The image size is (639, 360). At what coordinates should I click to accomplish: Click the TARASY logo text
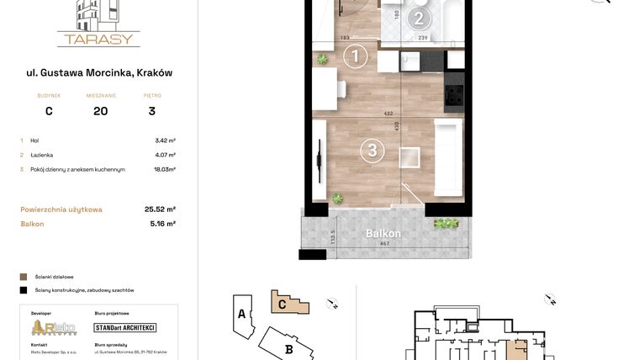click(x=98, y=39)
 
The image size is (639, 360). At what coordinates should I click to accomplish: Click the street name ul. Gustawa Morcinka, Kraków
click(x=99, y=73)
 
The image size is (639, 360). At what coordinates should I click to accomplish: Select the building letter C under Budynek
click(x=49, y=111)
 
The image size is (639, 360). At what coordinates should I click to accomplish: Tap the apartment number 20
click(x=100, y=111)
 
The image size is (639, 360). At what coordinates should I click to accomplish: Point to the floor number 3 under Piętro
click(x=152, y=111)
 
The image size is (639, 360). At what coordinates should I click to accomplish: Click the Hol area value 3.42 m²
click(x=165, y=140)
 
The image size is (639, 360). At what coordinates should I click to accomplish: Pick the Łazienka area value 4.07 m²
click(x=165, y=155)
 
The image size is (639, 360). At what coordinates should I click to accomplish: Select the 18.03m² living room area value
click(x=165, y=169)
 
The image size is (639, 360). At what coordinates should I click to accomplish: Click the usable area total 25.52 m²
click(x=160, y=209)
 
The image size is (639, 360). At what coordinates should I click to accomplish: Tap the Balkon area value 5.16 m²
click(x=160, y=224)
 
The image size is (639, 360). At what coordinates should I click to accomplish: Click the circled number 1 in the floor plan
click(x=356, y=57)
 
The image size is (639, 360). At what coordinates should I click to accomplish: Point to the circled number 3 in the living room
click(x=372, y=151)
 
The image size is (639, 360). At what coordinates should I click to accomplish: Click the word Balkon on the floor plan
click(x=383, y=234)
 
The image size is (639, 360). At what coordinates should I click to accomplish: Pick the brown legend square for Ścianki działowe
click(x=24, y=276)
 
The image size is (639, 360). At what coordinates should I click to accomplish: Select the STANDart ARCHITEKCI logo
click(x=124, y=327)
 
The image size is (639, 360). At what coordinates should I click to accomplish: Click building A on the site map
click(x=241, y=315)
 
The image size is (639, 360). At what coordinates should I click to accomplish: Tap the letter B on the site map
click(x=288, y=349)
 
